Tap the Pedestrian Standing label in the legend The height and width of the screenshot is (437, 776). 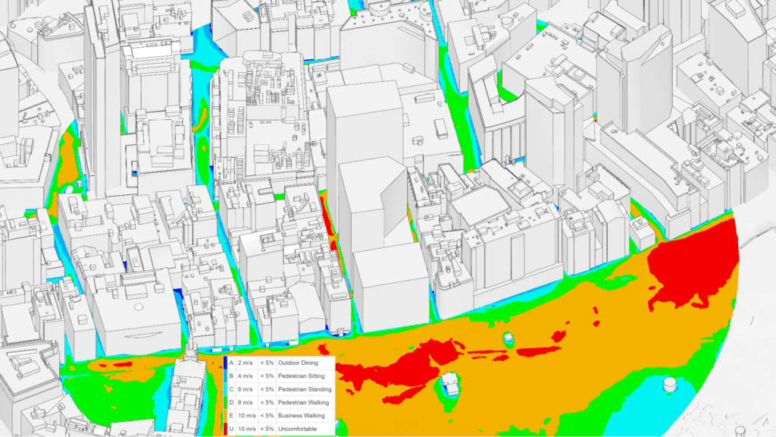tap(308, 390)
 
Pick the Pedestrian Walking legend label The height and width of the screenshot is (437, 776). tap(307, 403)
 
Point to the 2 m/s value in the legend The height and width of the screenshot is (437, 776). tap(245, 363)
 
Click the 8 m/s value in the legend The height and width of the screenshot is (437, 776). tap(245, 403)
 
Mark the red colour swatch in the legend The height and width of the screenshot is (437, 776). tap(226, 429)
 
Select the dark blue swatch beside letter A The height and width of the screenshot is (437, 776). tap(226, 363)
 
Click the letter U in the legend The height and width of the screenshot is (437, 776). tap(233, 429)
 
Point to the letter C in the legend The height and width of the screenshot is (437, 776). tap(233, 390)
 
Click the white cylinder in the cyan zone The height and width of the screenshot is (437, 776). tap(670, 385)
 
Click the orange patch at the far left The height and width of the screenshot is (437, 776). tap(68, 159)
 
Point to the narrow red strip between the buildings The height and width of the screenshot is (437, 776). tap(328, 220)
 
